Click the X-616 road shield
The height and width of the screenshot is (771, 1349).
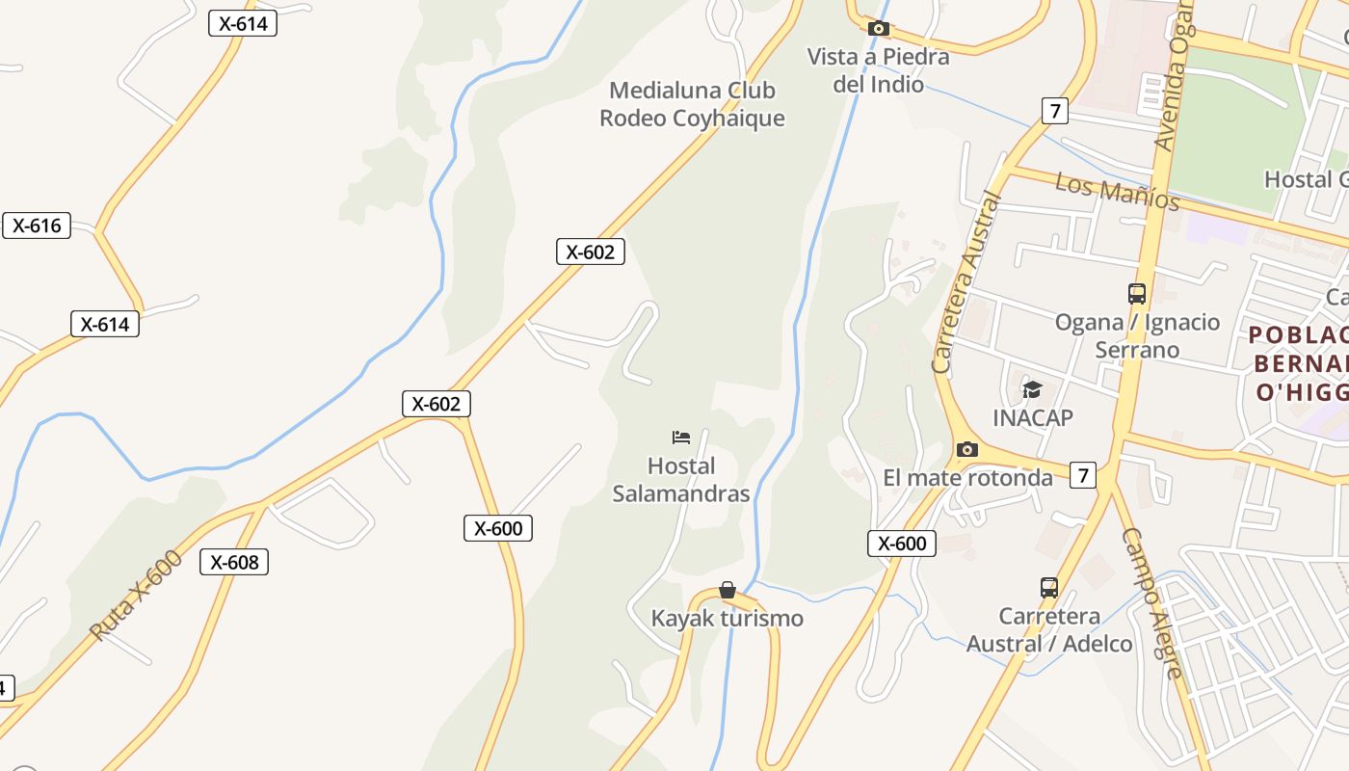coord(37,226)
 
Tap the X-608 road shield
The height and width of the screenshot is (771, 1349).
coord(234,562)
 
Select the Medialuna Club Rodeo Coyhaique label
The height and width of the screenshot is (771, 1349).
coord(692,104)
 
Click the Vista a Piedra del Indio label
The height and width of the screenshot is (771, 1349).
coord(878,70)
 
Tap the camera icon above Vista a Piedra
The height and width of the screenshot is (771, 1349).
coord(878,29)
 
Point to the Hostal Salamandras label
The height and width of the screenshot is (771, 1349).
coord(681,480)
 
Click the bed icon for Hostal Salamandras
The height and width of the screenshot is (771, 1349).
coord(681,438)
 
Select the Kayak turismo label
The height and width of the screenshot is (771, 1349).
coord(727,619)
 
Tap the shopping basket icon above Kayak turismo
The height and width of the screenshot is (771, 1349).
coord(727,590)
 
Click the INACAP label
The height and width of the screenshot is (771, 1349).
coord(1033,418)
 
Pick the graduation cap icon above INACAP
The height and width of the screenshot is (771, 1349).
coord(1033,389)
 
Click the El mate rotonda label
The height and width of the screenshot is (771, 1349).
coord(967,478)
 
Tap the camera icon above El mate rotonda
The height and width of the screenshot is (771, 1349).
coord(967,449)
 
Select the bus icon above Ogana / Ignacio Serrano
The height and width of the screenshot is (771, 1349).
coord(1137,293)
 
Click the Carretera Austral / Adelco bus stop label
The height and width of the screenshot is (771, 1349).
coord(1049,630)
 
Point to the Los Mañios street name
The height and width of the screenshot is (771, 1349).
coord(1118,191)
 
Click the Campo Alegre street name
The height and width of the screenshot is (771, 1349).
coord(1151,603)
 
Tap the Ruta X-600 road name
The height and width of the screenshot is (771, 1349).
coord(135,596)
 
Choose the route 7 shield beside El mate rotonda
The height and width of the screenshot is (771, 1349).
coord(1083,475)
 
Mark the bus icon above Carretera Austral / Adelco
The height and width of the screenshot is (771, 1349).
coord(1049,587)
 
